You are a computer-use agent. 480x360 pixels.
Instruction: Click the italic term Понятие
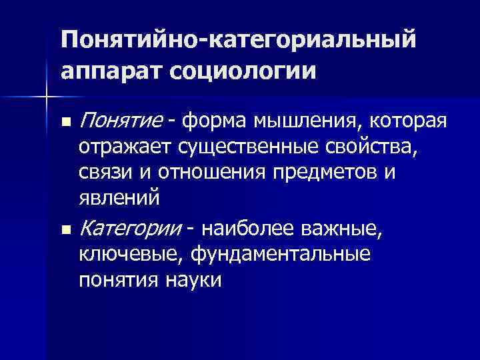(x=121, y=122)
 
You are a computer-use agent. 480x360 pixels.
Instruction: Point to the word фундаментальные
(x=279, y=255)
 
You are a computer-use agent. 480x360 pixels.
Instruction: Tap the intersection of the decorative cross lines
(x=47, y=97)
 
